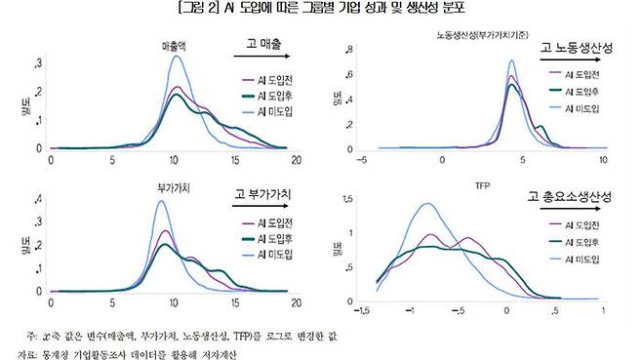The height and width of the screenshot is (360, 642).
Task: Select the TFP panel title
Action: (482, 183)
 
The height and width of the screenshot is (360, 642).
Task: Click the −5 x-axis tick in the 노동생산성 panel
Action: (362, 159)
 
